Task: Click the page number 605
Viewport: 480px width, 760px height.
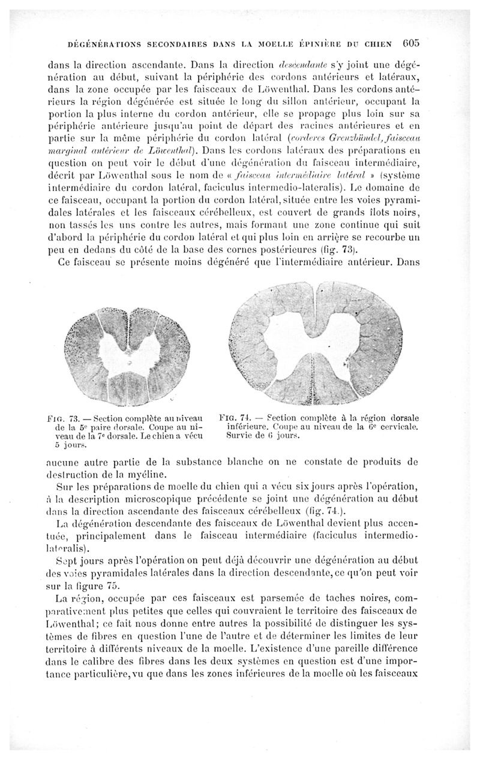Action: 414,43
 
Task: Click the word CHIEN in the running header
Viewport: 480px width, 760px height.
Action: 377,43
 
